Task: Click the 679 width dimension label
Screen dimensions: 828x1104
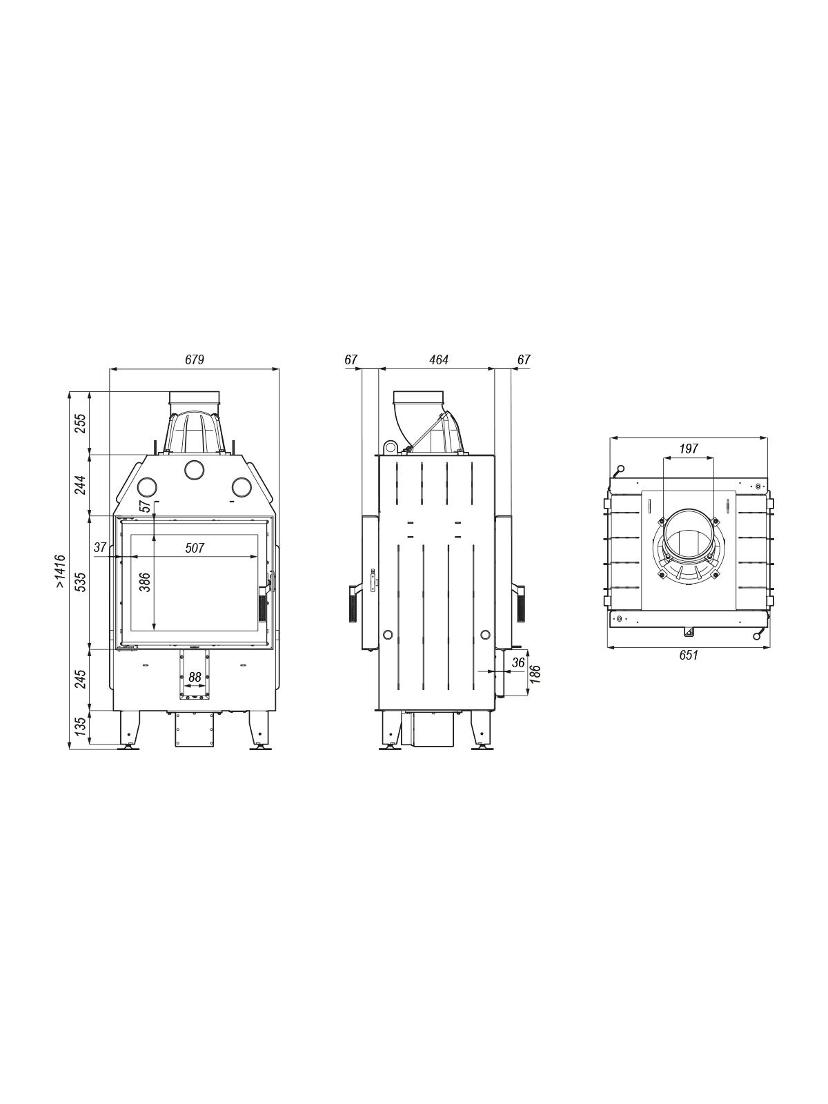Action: point(195,359)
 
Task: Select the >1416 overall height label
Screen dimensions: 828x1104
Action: point(60,571)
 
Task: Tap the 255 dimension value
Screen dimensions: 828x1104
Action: point(81,423)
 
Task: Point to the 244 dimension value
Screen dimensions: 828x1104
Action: point(81,485)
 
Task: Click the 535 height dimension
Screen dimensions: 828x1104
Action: point(81,582)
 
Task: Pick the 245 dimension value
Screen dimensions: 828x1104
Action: point(81,679)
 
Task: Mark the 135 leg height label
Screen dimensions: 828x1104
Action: point(81,727)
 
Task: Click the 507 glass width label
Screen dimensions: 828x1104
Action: point(195,548)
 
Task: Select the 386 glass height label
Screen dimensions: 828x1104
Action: point(146,582)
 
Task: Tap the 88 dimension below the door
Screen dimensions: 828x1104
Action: point(195,678)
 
